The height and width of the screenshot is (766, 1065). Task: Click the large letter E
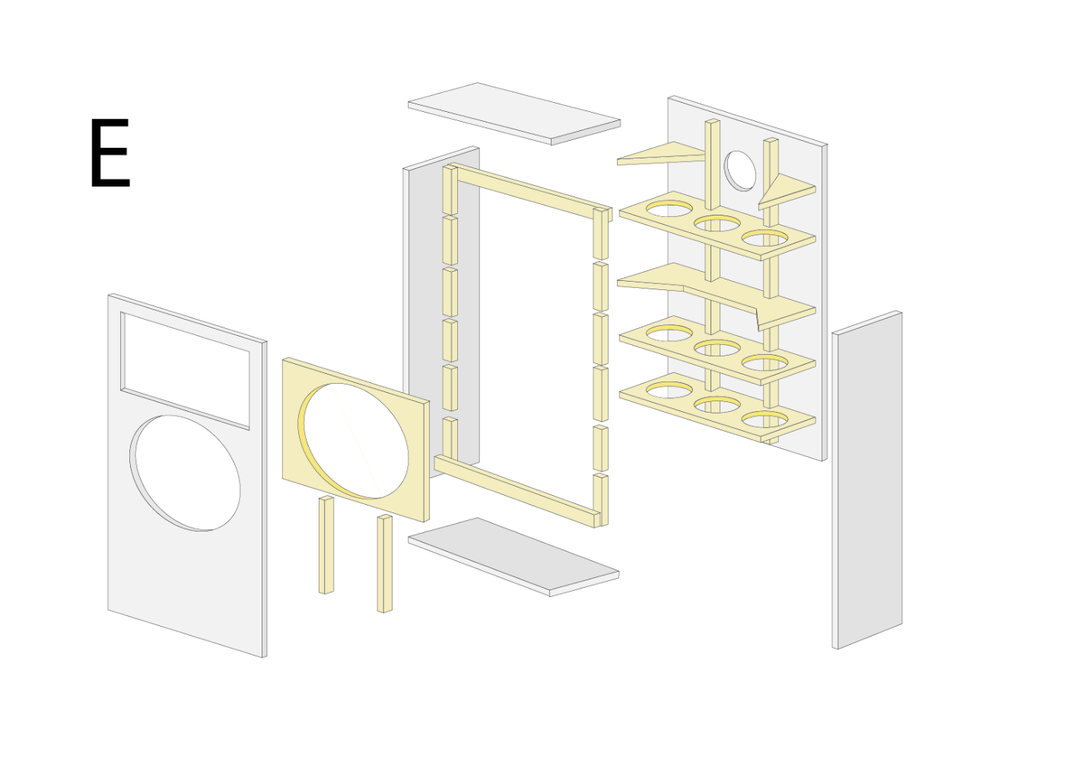point(110,153)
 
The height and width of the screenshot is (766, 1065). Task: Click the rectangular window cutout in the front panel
point(185,371)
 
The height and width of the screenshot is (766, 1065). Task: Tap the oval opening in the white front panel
point(185,473)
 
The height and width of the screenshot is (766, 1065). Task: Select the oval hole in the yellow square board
point(353,441)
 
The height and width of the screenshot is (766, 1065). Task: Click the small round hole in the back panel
point(739,171)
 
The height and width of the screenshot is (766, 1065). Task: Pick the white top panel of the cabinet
point(514,113)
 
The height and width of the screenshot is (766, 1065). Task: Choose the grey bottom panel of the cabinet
point(513,557)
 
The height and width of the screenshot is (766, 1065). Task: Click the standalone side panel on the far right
point(866,480)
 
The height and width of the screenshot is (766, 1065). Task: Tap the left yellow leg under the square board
point(326,544)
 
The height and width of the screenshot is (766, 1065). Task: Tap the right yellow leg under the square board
point(385,563)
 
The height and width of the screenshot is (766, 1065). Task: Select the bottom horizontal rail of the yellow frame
point(517,490)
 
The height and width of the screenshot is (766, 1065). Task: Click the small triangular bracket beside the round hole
point(784,191)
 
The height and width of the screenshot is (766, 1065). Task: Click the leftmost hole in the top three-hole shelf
point(669,209)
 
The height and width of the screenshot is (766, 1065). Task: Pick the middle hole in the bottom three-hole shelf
point(717,405)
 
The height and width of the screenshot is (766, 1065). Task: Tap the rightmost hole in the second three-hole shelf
point(765,362)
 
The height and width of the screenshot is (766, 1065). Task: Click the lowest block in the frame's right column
point(601,500)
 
